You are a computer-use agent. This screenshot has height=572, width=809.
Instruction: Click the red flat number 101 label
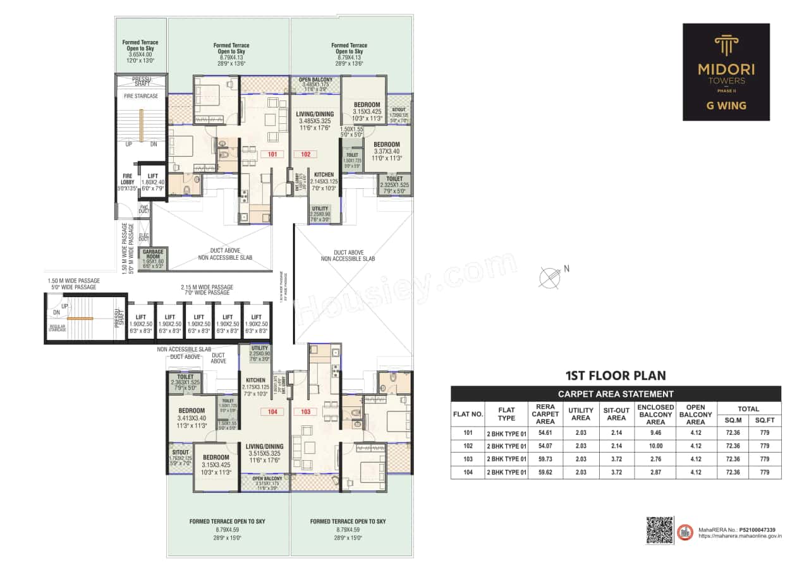coord(272,154)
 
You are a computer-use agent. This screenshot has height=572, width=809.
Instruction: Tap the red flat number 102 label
coord(305,154)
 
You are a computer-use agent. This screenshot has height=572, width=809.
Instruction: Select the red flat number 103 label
coord(307,412)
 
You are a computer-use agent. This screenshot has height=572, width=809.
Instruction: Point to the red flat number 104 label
coord(273,412)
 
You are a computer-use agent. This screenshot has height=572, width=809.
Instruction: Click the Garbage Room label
coord(153,257)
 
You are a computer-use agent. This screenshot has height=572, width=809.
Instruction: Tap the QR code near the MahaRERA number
coord(659,530)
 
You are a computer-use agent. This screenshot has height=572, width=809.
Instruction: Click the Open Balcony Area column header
coord(695,414)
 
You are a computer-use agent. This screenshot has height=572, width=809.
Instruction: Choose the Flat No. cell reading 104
coord(467,472)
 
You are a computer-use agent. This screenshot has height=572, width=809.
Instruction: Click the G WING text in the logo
coord(726,106)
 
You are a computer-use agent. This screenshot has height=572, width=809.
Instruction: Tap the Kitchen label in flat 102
coord(324,174)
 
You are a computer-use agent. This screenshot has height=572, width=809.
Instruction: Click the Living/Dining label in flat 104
coord(264,446)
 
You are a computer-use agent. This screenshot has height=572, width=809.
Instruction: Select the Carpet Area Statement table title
coord(615,394)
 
